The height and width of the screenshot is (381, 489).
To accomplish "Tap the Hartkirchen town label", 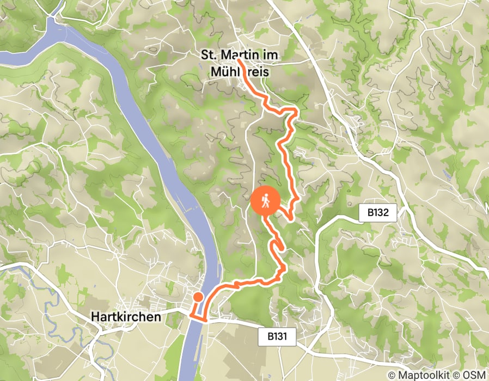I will (126, 316).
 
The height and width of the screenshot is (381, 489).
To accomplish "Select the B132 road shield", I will (377, 213).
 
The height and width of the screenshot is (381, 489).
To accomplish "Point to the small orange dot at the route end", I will (198, 297).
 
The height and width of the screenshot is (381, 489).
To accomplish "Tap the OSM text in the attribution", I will (474, 375).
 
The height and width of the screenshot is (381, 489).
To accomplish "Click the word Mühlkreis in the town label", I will (240, 71).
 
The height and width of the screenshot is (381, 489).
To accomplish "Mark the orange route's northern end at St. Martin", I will (240, 61).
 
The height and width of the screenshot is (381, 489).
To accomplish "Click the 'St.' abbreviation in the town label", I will (209, 55).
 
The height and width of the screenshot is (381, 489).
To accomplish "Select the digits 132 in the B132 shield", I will (381, 213).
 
